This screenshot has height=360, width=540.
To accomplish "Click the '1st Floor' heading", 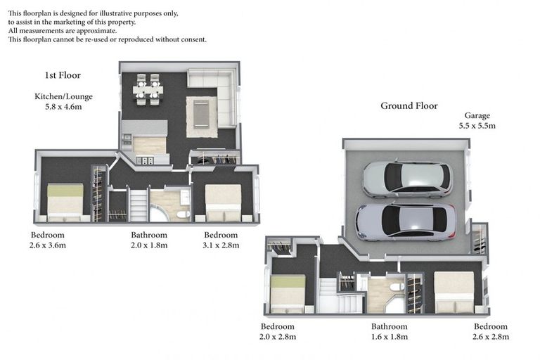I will (63, 75).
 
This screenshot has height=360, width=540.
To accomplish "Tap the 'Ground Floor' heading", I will (409, 106).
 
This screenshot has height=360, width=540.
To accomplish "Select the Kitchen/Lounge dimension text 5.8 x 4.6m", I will (63, 108).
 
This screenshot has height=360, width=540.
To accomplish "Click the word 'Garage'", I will (477, 115).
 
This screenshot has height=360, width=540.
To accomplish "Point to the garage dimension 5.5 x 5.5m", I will (477, 126).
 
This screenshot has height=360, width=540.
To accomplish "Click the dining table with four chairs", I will (148, 89).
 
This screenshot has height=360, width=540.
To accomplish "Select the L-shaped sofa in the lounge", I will (218, 95).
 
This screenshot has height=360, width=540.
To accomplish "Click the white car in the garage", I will (407, 179).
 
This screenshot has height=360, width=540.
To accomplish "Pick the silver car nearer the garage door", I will (406, 221).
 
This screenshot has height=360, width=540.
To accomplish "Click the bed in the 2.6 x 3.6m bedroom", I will (65, 201).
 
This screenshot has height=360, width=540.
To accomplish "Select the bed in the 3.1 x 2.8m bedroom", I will (223, 202).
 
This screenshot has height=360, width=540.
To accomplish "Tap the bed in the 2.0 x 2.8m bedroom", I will (288, 292).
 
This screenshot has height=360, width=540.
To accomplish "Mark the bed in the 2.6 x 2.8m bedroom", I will (454, 291).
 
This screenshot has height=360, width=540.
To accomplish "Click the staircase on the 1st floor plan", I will (138, 205).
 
